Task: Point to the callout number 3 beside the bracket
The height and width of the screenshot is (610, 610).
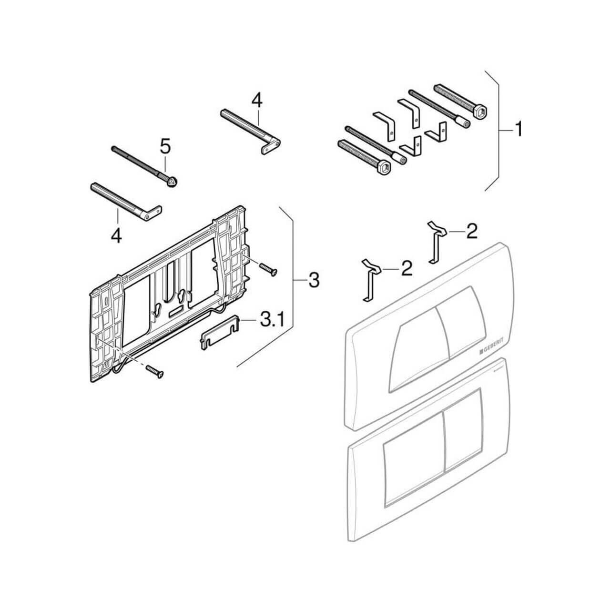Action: coord(314,280)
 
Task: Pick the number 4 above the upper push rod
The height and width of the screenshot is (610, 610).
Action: coord(257,101)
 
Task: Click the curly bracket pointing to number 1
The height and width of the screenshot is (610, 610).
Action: coord(498,130)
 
